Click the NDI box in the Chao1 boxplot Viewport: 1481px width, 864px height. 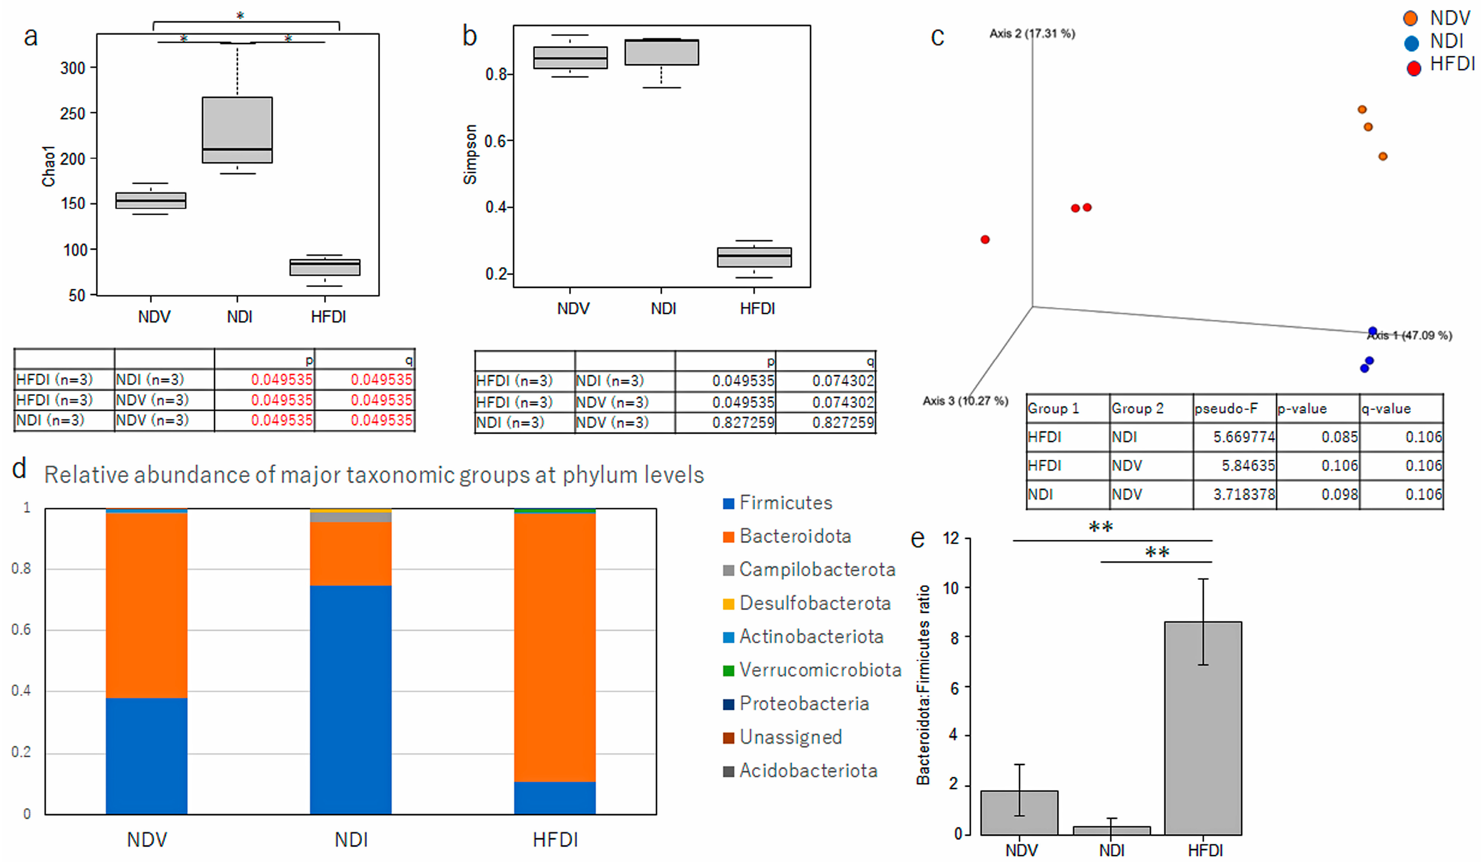237,129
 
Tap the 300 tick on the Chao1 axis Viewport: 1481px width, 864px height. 73,68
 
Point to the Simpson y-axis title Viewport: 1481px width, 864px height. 470,154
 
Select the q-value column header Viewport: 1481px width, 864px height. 1386,409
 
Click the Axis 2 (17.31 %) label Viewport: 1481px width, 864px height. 1032,34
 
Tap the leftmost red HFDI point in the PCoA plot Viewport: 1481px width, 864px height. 985,239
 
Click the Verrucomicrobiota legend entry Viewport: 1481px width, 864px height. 820,670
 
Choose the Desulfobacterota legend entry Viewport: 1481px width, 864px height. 814,603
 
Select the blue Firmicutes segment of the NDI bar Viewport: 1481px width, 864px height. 351,700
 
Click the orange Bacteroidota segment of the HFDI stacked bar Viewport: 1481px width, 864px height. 555,647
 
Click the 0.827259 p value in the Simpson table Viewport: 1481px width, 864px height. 743,423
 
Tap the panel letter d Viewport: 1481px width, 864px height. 19,469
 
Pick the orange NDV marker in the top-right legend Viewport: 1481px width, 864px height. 1410,18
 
